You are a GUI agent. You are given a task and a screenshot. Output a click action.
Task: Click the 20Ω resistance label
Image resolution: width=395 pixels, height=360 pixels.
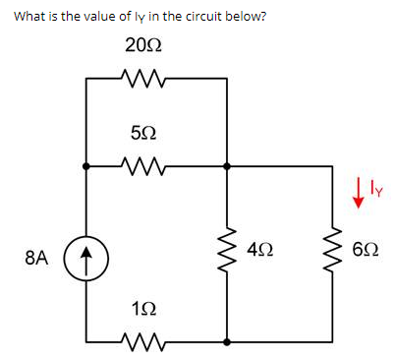(143, 45)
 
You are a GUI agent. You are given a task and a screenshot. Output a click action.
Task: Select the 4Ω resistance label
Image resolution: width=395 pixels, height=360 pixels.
(259, 254)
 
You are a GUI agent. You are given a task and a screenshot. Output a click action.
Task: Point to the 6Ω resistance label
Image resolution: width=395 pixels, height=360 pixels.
(362, 254)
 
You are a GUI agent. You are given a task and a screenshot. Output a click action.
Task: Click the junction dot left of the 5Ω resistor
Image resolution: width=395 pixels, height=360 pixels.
(86, 166)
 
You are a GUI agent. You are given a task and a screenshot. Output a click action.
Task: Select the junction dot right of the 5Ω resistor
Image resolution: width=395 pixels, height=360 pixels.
(228, 166)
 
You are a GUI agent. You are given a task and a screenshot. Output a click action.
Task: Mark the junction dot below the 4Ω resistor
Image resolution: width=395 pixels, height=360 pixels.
(228, 342)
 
